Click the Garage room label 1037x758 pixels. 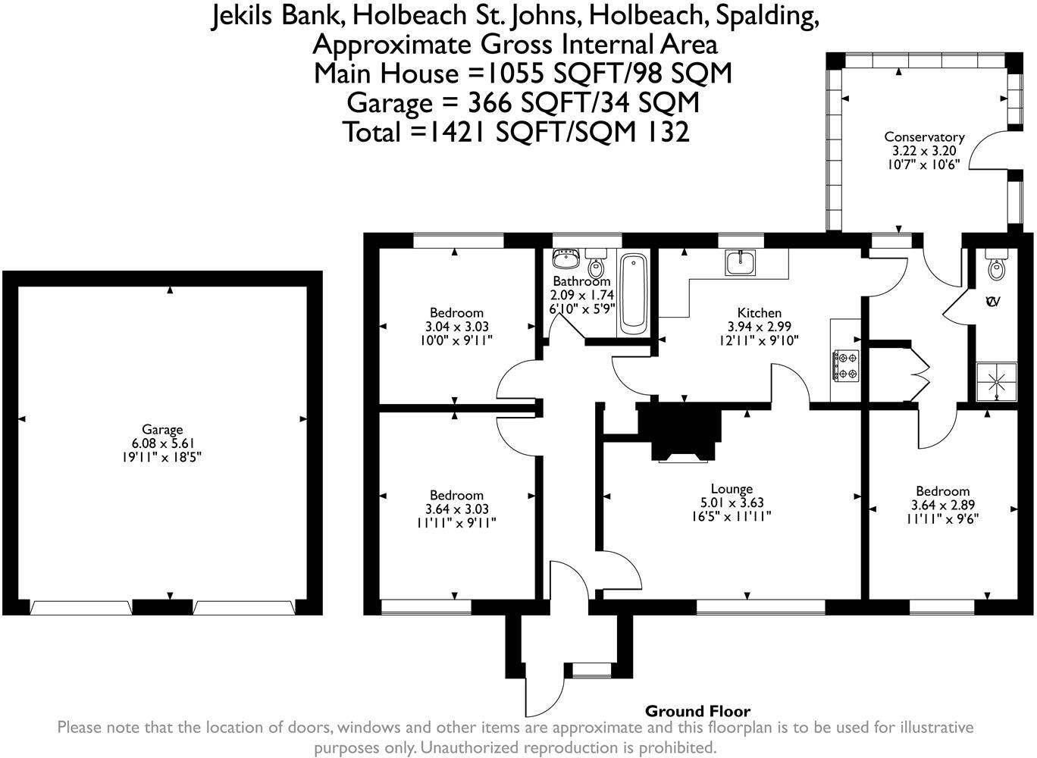pyautogui.click(x=162, y=429)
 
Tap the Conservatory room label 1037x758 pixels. pyautogui.click(x=924, y=137)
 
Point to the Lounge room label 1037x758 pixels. pyautogui.click(x=732, y=489)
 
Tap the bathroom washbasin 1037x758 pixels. pyautogui.click(x=565, y=258)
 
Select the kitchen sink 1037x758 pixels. pyautogui.click(x=741, y=262)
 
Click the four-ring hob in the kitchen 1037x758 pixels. pyautogui.click(x=846, y=366)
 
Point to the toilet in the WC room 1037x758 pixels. pyautogui.click(x=994, y=264)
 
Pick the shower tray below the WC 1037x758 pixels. pyautogui.click(x=997, y=382)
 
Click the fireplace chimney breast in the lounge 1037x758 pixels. pyautogui.click(x=679, y=431)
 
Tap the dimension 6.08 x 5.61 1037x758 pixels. pyautogui.click(x=162, y=443)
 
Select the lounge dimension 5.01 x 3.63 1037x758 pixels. pyautogui.click(x=732, y=503)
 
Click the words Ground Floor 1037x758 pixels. pyautogui.click(x=697, y=711)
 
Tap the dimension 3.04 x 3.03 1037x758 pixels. pyautogui.click(x=456, y=327)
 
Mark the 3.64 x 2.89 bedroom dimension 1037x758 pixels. pyautogui.click(x=942, y=505)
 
